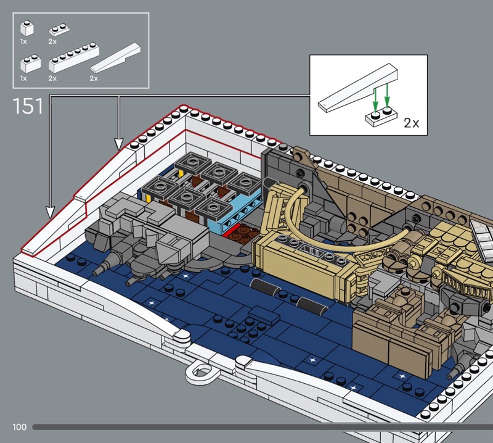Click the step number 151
[28, 106]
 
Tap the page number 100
[20, 427]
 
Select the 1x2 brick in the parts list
[30, 64]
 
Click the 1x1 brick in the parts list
[27, 28]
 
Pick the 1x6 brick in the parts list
[74, 57]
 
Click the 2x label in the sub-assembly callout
[411, 123]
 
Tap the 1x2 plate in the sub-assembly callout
[381, 117]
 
